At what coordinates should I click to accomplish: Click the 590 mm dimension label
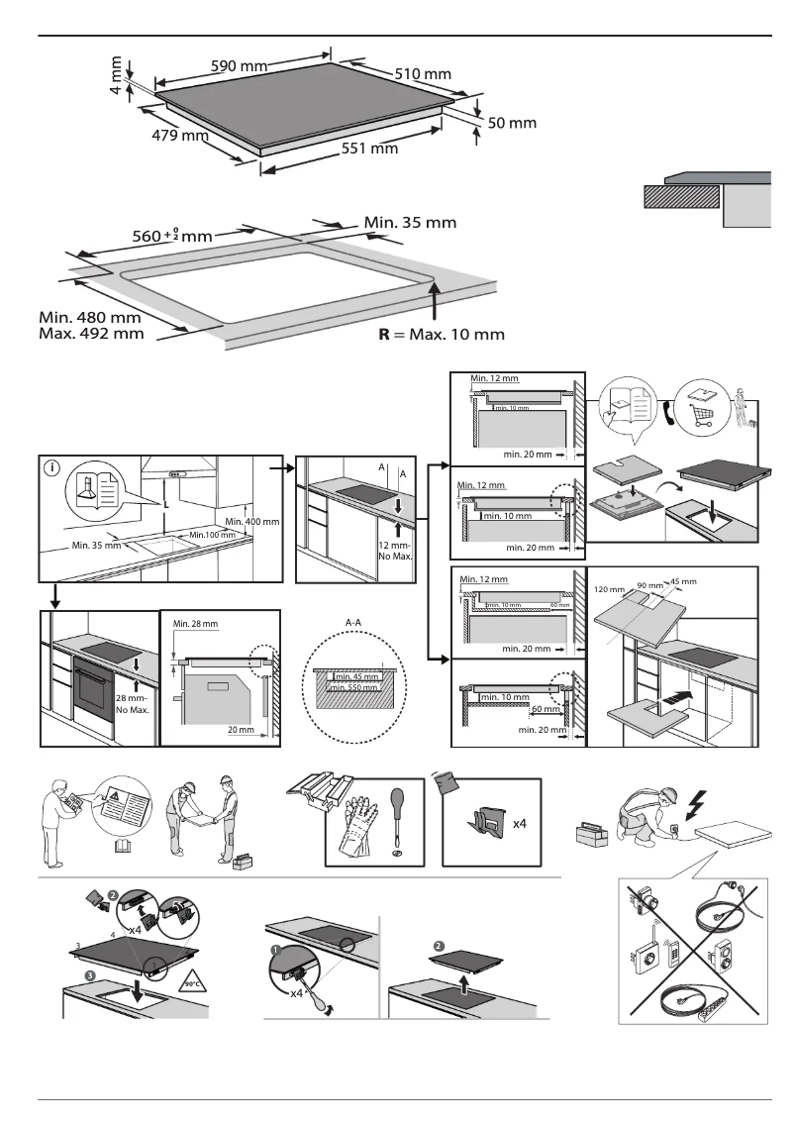point(241,66)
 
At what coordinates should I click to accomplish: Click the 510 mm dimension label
point(423,74)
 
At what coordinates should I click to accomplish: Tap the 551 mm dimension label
point(368,149)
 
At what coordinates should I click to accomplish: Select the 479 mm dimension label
point(179,136)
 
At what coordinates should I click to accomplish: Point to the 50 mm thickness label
point(512,123)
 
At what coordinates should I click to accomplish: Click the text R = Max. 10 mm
point(442,334)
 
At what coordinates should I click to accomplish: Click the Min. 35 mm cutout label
point(410,222)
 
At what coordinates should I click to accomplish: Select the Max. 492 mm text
point(90,334)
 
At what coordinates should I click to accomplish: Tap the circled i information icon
point(50,468)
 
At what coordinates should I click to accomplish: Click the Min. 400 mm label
point(252,521)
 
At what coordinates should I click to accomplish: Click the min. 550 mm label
point(355,687)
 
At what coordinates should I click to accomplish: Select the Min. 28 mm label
point(194,624)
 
